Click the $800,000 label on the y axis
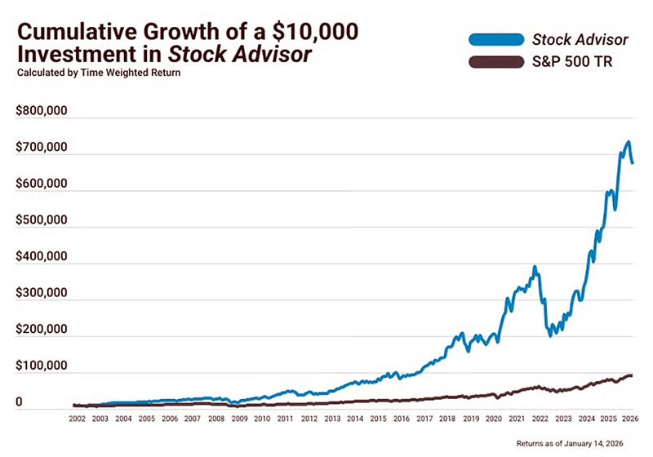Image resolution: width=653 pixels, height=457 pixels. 41,112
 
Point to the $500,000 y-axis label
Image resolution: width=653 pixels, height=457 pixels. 41,221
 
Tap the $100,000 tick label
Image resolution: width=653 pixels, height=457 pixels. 41,366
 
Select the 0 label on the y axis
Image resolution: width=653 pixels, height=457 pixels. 20,402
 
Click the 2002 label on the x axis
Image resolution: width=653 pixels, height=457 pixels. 77,418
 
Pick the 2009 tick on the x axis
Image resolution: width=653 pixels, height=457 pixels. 239,418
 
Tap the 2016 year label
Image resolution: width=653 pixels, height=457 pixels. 402,418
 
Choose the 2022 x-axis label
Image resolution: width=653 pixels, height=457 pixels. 540,418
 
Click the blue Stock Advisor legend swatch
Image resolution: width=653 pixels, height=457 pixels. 495,38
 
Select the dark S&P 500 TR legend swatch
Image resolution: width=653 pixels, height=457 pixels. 495,63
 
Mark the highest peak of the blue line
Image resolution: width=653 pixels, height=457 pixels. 627,143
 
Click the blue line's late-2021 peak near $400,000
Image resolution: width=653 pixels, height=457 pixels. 535,268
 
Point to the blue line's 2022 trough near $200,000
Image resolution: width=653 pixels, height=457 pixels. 550,334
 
